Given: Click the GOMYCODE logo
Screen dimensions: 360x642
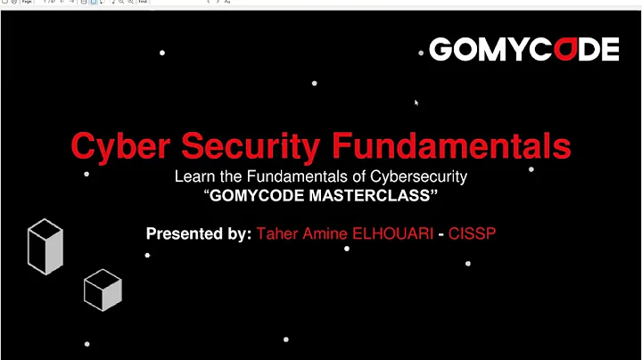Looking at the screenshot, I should (523, 50).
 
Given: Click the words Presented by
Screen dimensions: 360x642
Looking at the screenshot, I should (198, 234).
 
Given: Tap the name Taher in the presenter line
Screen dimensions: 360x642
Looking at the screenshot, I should (277, 234).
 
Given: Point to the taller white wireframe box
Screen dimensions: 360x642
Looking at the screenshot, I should (45, 246).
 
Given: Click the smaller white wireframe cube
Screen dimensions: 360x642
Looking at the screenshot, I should (102, 290).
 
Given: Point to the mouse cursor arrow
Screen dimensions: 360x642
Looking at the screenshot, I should (416, 102).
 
